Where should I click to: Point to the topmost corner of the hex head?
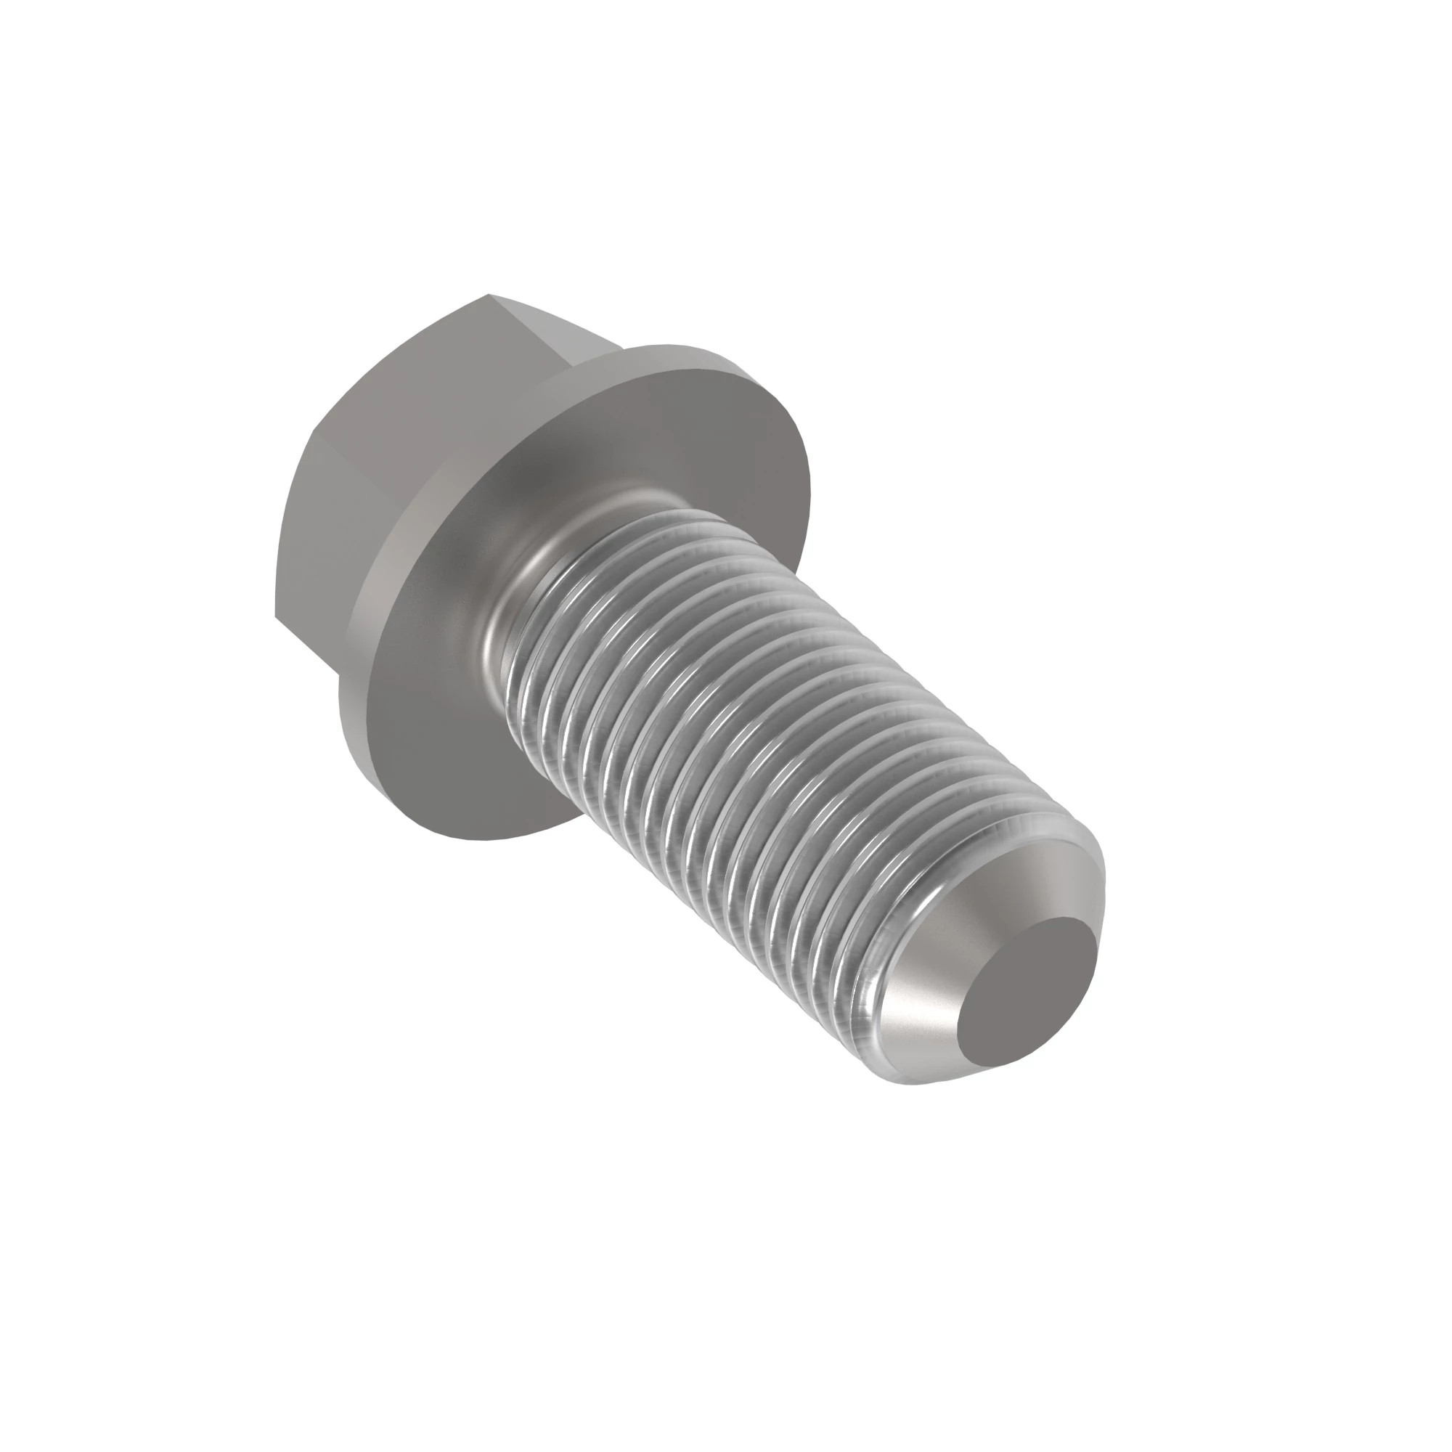489,294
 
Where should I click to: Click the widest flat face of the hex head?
399,421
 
